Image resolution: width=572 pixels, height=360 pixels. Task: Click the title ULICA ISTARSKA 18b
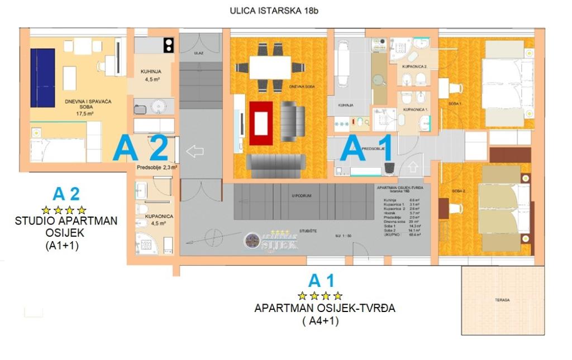coord(274,10)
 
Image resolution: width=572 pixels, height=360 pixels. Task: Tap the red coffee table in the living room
coord(261,123)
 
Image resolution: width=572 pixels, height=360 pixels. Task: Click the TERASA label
coord(502,300)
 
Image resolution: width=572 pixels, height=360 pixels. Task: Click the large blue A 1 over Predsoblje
coord(370,148)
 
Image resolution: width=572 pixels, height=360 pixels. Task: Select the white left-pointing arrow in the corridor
coord(194,151)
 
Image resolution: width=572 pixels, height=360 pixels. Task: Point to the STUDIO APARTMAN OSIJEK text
coord(66,227)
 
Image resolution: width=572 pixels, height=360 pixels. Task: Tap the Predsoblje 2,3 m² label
coord(156,167)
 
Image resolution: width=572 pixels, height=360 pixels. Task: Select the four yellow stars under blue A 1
coord(320,295)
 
